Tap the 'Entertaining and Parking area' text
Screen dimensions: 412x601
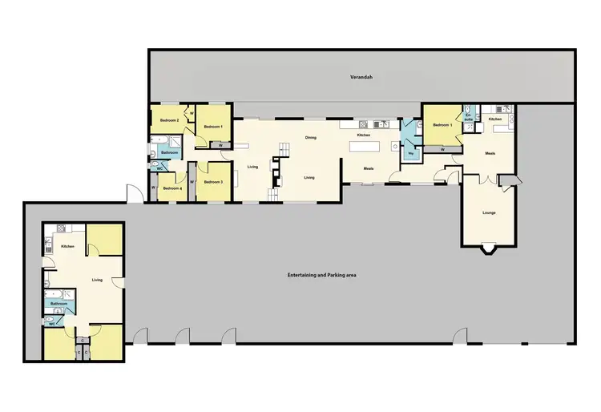click(x=321, y=275)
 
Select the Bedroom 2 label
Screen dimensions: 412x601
click(x=168, y=119)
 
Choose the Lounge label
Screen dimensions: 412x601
click(x=489, y=213)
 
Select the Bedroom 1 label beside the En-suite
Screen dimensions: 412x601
click(x=442, y=125)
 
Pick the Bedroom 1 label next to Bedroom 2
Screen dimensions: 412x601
click(x=212, y=127)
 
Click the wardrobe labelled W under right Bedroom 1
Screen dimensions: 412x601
click(x=442, y=149)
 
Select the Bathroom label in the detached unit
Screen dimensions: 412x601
click(x=59, y=304)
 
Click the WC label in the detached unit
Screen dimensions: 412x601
click(x=51, y=324)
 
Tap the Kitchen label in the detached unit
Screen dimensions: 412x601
click(x=67, y=246)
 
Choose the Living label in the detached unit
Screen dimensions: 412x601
click(x=97, y=280)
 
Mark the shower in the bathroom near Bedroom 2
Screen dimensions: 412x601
click(x=175, y=143)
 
